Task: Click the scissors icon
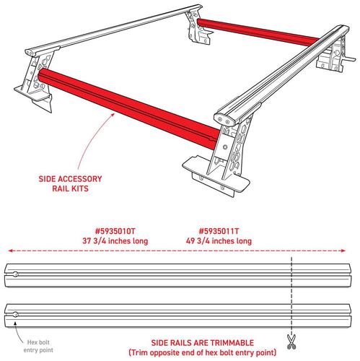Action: pyautogui.click(x=291, y=342)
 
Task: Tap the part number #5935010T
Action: pyautogui.click(x=115, y=231)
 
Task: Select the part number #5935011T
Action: pyautogui.click(x=219, y=231)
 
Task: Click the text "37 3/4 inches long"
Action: pyautogui.click(x=115, y=241)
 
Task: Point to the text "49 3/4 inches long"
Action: pyautogui.click(x=219, y=241)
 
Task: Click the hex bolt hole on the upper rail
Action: pyautogui.click(x=15, y=274)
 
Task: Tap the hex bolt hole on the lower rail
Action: pyautogui.click(x=15, y=314)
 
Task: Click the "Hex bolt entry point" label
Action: pyautogui.click(x=38, y=346)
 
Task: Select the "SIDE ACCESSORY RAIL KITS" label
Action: pyautogui.click(x=70, y=183)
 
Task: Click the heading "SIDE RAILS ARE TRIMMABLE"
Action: pyautogui.click(x=203, y=343)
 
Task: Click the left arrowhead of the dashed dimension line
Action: pyautogui.click(x=10, y=251)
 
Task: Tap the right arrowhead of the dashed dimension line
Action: pyautogui.click(x=343, y=251)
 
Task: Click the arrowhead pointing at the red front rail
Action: pyautogui.click(x=113, y=115)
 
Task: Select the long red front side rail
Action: pyautogui.click(x=128, y=108)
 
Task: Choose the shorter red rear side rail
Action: pyautogui.click(x=258, y=32)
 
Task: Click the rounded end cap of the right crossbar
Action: pyautogui.click(x=225, y=119)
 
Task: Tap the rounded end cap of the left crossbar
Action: pyautogui.click(x=31, y=53)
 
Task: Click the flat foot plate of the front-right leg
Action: pyautogui.click(x=216, y=174)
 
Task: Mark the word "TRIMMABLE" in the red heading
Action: pyautogui.click(x=231, y=343)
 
